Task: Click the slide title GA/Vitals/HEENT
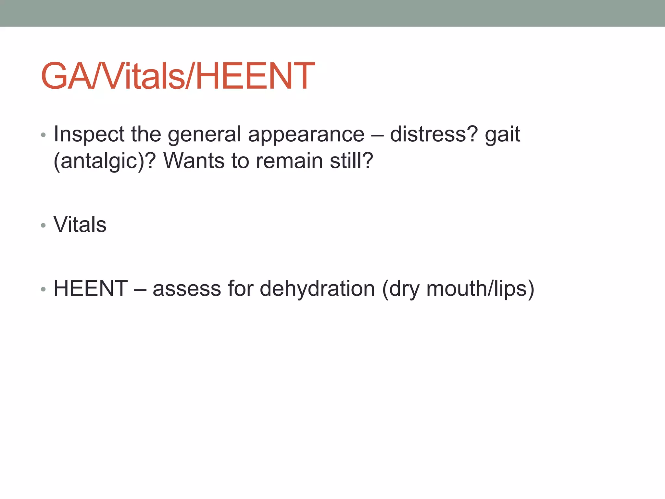tap(178, 76)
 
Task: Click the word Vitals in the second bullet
tap(80, 224)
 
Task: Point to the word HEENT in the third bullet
tap(91, 288)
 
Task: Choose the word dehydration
tap(317, 288)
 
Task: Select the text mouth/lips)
tap(480, 289)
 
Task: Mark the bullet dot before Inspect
tap(44, 135)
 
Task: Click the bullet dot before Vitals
tap(44, 225)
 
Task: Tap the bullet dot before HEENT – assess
tap(44, 289)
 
